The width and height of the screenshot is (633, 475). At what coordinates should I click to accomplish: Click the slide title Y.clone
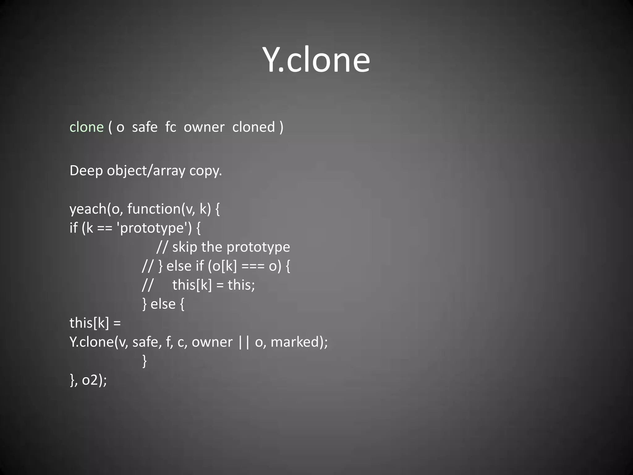(x=316, y=59)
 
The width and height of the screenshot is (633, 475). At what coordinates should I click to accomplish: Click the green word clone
(x=87, y=127)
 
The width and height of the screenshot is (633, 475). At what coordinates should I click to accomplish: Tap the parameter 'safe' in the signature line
(x=145, y=127)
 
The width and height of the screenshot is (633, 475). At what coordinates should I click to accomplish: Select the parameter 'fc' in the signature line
(x=171, y=127)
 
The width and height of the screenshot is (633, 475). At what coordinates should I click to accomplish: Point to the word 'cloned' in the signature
(x=253, y=127)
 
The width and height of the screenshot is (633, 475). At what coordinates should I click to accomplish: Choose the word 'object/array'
(x=146, y=171)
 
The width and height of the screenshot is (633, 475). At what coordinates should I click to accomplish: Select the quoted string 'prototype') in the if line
(x=154, y=228)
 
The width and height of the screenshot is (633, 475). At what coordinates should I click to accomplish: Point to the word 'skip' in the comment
(x=185, y=247)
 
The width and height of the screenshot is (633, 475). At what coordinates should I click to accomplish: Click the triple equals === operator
(x=253, y=266)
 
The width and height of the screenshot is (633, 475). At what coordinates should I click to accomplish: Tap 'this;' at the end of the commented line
(x=241, y=285)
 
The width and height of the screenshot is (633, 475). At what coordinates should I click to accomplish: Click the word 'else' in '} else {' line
(x=163, y=304)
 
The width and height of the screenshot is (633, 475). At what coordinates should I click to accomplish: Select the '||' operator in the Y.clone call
(x=244, y=342)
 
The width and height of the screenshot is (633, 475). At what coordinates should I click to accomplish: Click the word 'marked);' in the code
(x=299, y=342)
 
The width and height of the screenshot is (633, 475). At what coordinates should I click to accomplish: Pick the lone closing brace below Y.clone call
(x=144, y=361)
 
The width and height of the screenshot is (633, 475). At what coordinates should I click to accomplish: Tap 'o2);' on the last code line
(x=94, y=380)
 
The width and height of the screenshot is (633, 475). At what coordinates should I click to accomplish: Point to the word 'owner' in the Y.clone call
(x=212, y=342)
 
